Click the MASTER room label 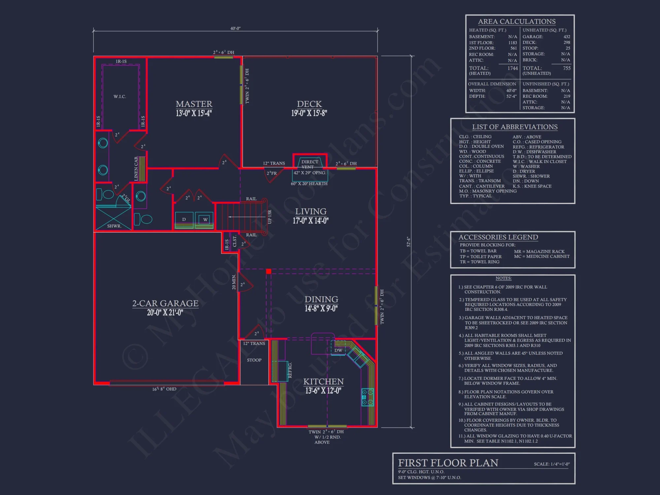pos(194,104)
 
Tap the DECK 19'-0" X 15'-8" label pos(309,108)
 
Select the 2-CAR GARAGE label pos(165,304)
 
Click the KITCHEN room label pos(323,382)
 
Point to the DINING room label pos(321,300)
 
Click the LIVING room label pos(311,212)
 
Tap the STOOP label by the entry pos(254,360)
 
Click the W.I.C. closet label pos(120,96)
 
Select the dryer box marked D pos(184,219)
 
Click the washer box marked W pos(205,219)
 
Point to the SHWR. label pos(114,226)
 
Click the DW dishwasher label pos(338,350)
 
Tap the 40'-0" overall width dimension pos(235,28)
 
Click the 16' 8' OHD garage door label pos(164,389)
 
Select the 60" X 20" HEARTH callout pos(309,183)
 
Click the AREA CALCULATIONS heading pos(517,21)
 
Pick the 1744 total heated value pos(512,68)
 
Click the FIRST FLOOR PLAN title pos(448,463)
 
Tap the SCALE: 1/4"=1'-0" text pos(552,464)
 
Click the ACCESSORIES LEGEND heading pos(498,237)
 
